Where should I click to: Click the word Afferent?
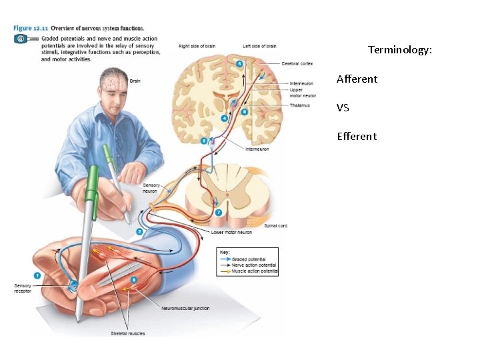click(x=357, y=79)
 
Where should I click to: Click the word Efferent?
click(x=357, y=136)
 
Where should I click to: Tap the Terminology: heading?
click(x=400, y=49)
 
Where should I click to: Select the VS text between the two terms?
click(x=343, y=107)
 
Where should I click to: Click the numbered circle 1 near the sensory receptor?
click(x=38, y=274)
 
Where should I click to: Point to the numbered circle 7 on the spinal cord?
click(x=219, y=211)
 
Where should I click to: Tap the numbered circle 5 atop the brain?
click(x=239, y=63)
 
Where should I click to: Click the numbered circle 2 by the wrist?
click(x=139, y=231)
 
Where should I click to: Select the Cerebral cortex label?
click(x=297, y=63)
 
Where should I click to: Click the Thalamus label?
click(x=299, y=105)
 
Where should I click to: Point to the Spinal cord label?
click(x=275, y=226)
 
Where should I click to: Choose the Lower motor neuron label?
click(x=231, y=233)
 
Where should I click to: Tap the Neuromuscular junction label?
click(x=185, y=308)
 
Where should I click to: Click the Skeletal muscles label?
click(x=128, y=333)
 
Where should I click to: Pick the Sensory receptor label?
click(x=23, y=289)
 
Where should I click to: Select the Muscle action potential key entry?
click(x=254, y=271)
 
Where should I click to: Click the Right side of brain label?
click(x=197, y=46)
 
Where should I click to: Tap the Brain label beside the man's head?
click(x=135, y=81)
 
